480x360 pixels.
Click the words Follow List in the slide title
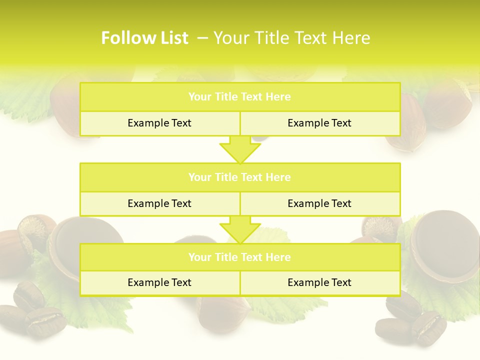144,38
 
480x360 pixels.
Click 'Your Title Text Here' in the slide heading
292,38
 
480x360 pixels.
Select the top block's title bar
240,97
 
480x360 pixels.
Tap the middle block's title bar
240,177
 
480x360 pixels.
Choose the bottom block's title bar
240,257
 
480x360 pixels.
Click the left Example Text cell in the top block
159,123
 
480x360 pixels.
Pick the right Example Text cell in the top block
319,123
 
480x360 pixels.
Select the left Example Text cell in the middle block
159,203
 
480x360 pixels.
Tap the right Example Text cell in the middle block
319,203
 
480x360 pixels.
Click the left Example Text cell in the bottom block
159,282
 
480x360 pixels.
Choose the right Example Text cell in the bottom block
319,282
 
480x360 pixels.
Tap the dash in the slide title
202,38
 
